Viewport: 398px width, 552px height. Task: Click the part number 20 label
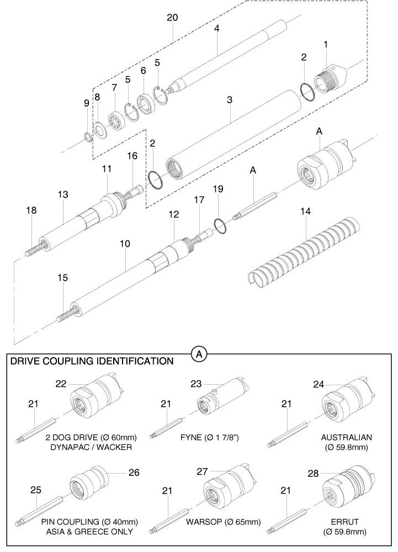[172, 17]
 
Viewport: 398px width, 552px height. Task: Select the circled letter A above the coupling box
[199, 354]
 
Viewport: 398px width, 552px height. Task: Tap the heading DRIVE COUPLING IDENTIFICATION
[92, 361]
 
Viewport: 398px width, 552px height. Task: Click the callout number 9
[87, 103]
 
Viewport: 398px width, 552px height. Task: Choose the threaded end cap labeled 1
[330, 80]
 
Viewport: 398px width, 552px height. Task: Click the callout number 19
[218, 189]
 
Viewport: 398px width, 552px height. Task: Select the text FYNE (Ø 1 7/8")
[210, 438]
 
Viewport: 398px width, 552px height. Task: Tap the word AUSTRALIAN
[346, 438]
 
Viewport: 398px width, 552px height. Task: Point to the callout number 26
[134, 473]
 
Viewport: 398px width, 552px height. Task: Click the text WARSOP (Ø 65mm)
[223, 522]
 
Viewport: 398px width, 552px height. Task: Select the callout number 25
[35, 490]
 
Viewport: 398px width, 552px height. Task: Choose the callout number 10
[125, 243]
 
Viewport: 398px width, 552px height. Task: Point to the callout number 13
[63, 194]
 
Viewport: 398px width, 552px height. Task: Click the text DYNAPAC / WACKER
[91, 447]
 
